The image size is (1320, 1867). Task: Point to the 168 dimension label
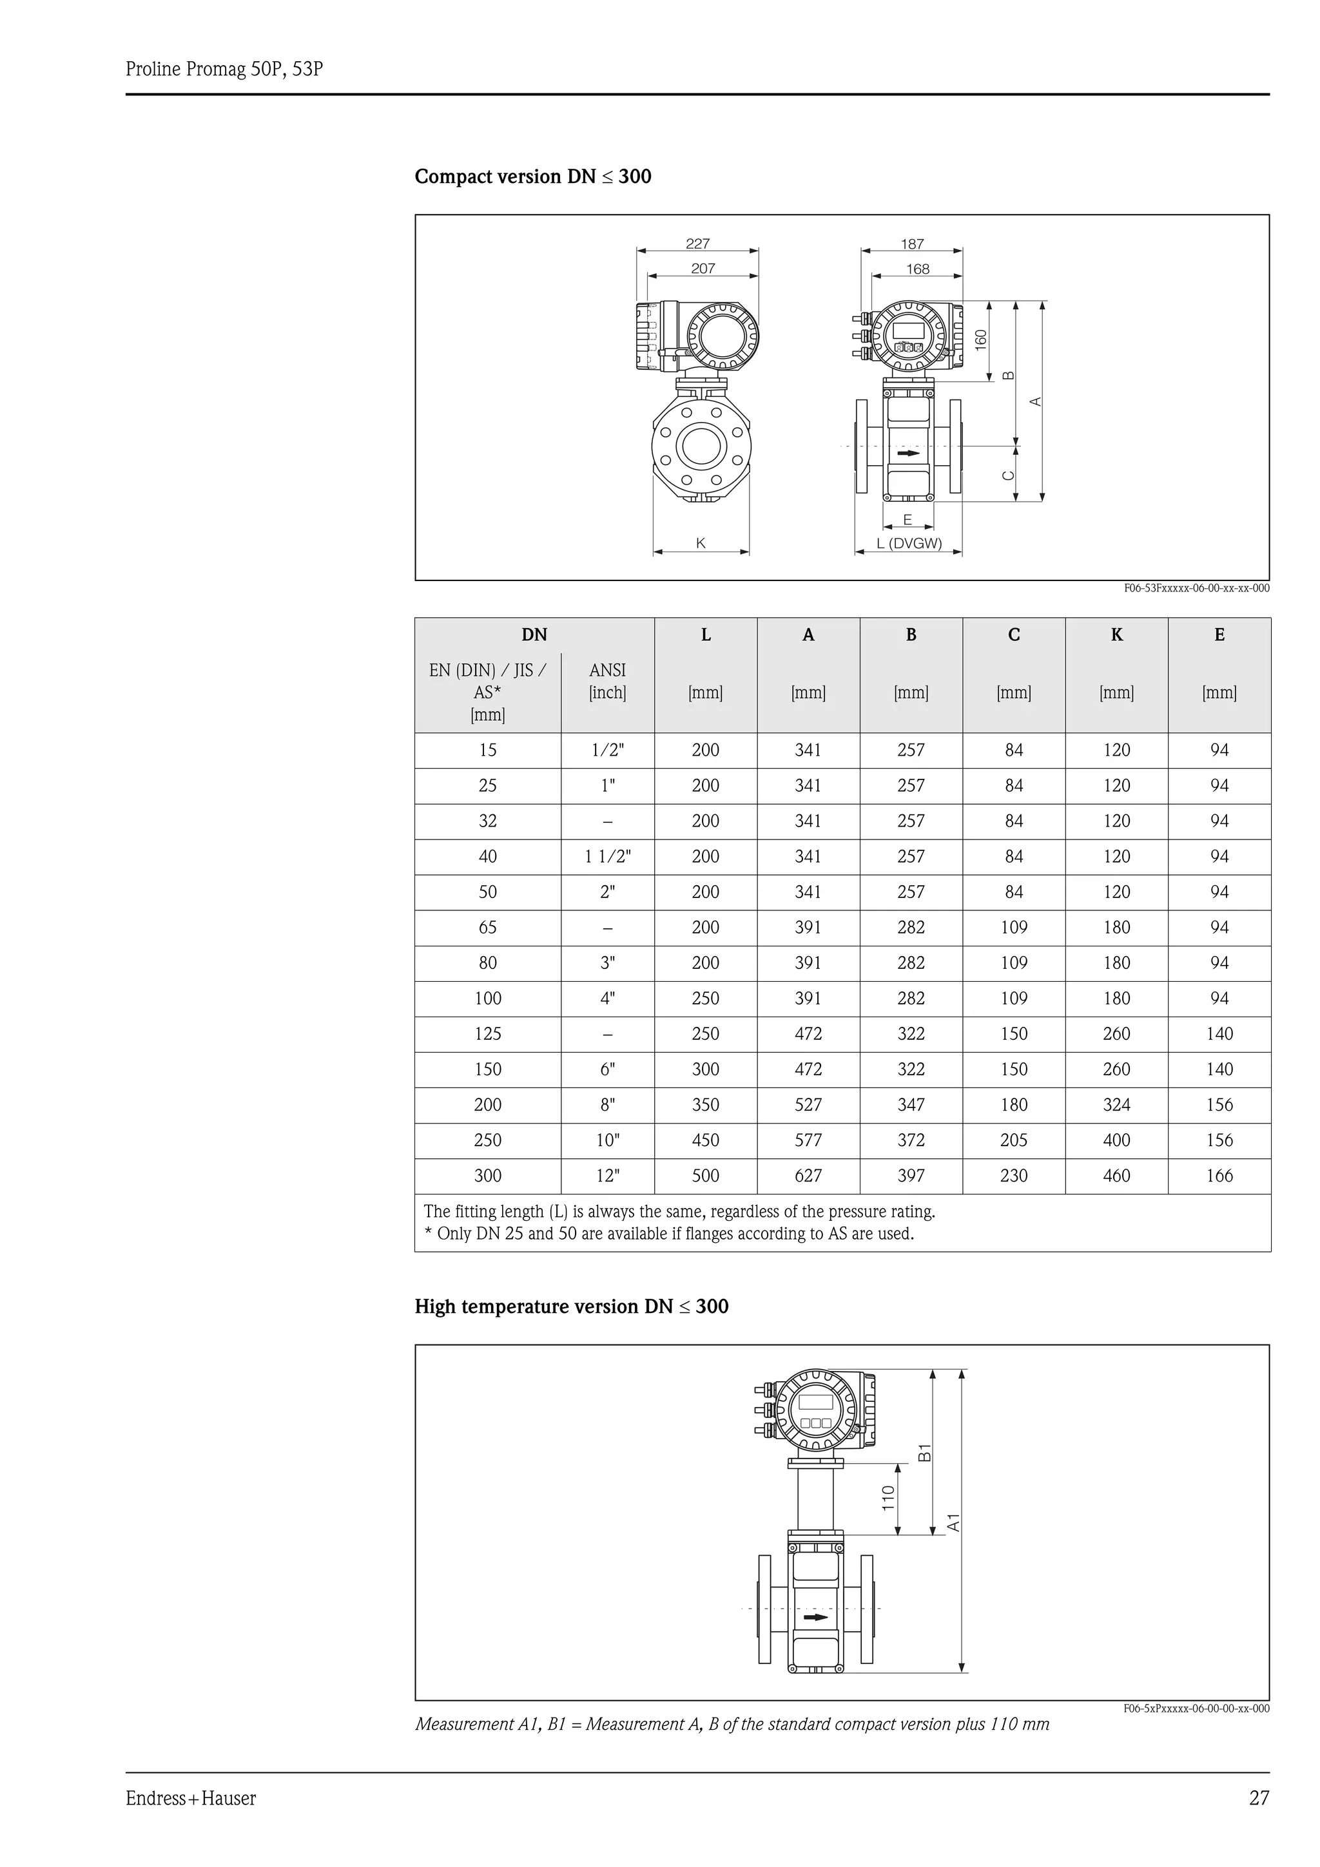click(x=917, y=269)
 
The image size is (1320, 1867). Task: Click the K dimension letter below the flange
click(x=700, y=543)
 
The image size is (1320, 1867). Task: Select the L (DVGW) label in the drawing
click(x=908, y=543)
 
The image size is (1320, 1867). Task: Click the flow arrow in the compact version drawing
click(x=908, y=453)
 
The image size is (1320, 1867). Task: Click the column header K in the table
click(x=1116, y=635)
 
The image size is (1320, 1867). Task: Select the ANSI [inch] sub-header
click(x=608, y=682)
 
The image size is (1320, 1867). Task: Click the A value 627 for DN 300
click(x=808, y=1176)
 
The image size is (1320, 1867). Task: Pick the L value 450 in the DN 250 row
click(x=705, y=1140)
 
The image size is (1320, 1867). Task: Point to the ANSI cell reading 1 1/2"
click(x=608, y=856)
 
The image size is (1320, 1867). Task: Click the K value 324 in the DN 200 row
click(x=1116, y=1105)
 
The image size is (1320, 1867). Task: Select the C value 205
click(x=1013, y=1140)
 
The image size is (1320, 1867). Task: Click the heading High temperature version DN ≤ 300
click(x=571, y=1307)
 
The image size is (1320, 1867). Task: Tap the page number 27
click(x=1258, y=1798)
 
